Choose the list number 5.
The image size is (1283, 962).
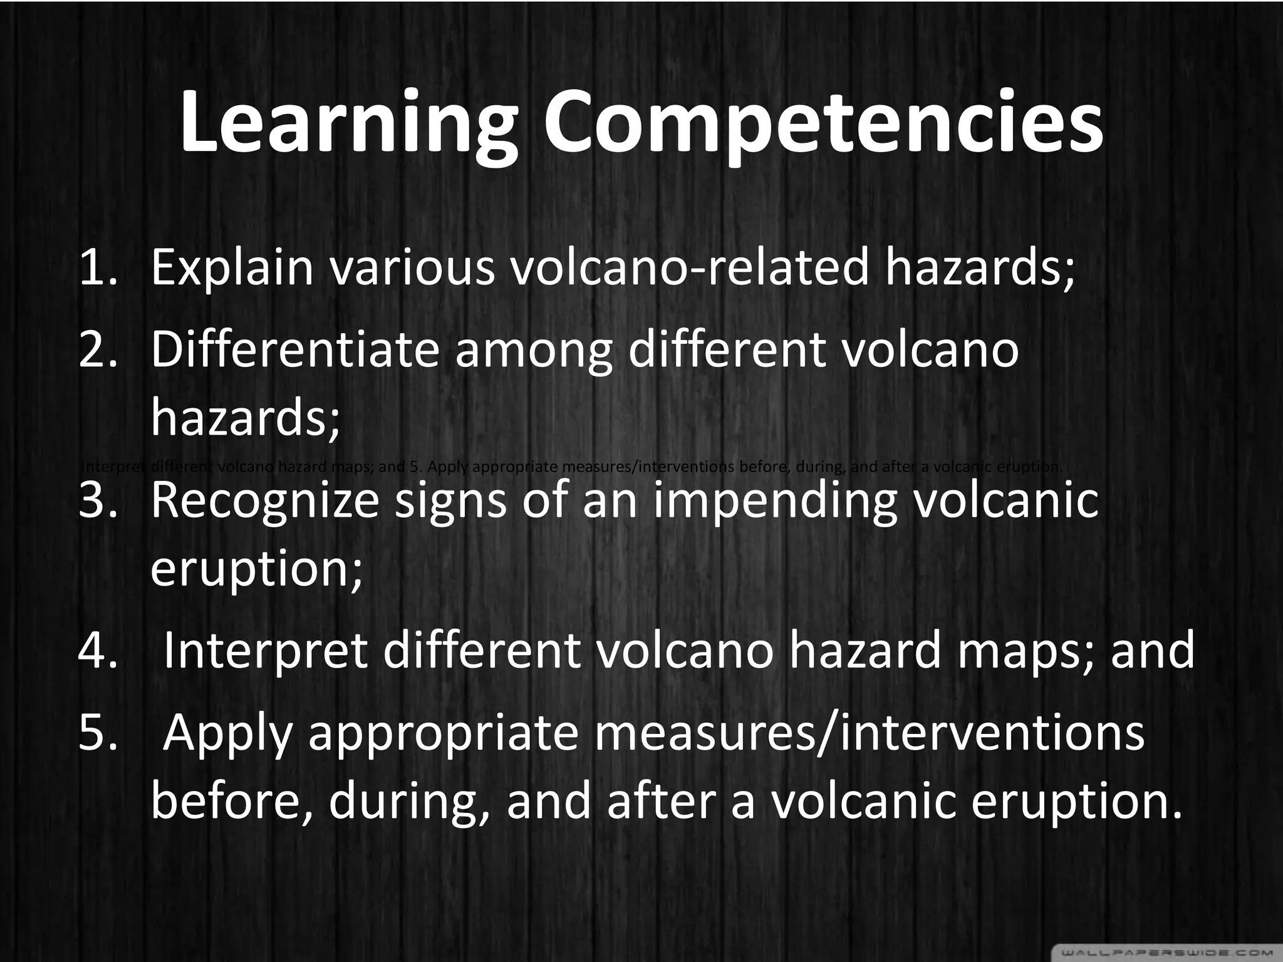(x=98, y=733)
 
